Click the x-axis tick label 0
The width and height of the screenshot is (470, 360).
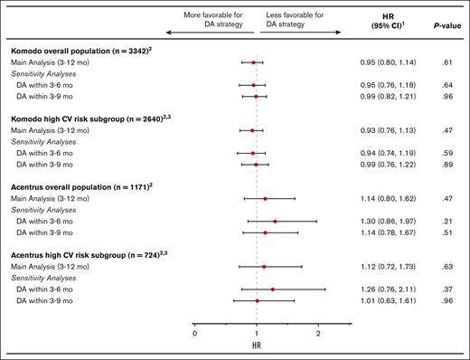coord(195,334)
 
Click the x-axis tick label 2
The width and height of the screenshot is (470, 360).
coord(318,334)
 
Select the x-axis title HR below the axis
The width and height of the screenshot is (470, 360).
coord(257,347)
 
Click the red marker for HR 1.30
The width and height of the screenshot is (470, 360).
coord(275,220)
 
